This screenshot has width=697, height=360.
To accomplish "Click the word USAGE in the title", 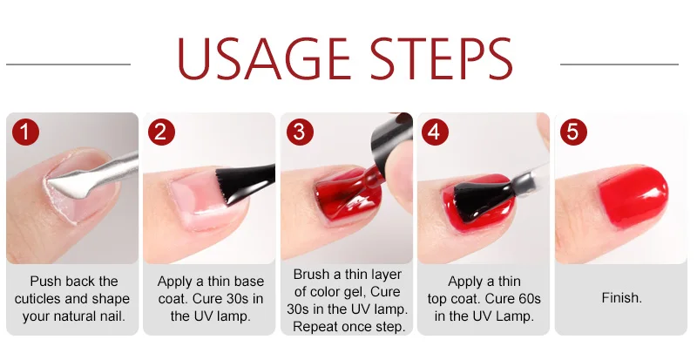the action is pyautogui.click(x=264, y=59).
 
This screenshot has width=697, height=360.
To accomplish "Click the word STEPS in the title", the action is pyautogui.click(x=442, y=59).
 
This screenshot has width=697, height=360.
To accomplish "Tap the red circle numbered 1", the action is pyautogui.click(x=26, y=132).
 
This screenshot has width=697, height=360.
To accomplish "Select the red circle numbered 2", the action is pyautogui.click(x=161, y=132).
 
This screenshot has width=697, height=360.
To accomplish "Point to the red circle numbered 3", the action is pyautogui.click(x=300, y=132).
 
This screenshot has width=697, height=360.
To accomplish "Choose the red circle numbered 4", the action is pyautogui.click(x=435, y=132).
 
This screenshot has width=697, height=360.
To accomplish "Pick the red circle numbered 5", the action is pyautogui.click(x=573, y=132).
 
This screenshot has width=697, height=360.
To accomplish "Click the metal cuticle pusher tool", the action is pyautogui.click(x=92, y=176).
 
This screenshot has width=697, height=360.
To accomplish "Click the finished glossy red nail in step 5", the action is pyautogui.click(x=633, y=196).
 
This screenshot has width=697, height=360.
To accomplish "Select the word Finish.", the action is pyautogui.click(x=622, y=297).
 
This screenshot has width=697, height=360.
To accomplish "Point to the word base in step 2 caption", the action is pyautogui.click(x=249, y=282).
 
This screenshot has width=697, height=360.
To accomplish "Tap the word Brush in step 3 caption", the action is pyautogui.click(x=311, y=274).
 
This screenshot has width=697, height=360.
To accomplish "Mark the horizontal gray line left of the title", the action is pyautogui.click(x=69, y=65).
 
